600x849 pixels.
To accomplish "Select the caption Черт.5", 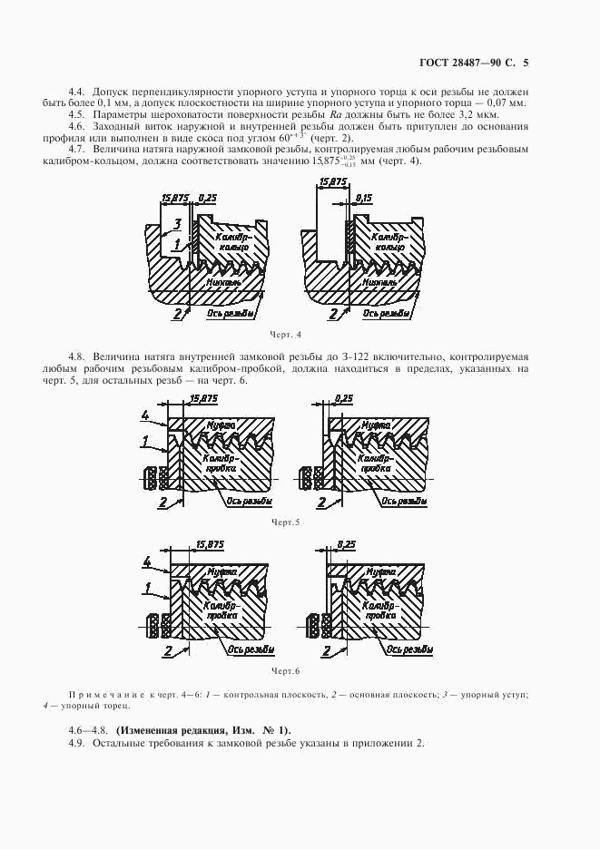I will (285, 522).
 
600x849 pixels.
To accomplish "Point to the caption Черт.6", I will (285, 670).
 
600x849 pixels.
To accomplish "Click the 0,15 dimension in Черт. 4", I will (365, 197).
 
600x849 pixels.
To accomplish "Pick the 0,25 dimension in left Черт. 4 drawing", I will (208, 197).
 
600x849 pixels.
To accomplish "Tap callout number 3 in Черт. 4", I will (179, 222).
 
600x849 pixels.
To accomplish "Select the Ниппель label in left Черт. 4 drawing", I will (224, 282).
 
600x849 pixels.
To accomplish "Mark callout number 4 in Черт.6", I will (145, 562).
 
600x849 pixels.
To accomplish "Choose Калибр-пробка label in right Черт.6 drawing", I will (377, 610).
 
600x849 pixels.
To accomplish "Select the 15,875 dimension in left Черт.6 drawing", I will (210, 544).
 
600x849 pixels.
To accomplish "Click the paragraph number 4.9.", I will (76, 744).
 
